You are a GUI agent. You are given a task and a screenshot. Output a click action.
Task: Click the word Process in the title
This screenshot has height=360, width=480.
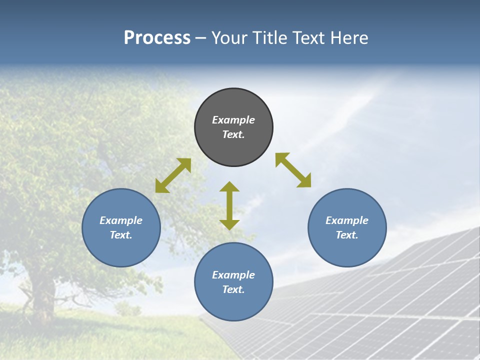point(157,38)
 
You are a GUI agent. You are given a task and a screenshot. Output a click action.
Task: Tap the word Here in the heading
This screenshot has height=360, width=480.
point(348,38)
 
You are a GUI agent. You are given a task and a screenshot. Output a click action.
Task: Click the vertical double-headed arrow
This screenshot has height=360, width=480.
point(229,205)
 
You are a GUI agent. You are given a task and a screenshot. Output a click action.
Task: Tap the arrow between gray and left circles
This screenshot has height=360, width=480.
point(173,175)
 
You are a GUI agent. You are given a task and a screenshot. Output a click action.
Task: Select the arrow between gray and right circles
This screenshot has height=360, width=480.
point(293,170)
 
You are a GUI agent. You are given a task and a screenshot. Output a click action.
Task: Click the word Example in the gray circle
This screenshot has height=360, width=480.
point(233,120)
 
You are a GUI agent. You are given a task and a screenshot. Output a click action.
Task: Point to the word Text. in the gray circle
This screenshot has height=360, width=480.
point(233,134)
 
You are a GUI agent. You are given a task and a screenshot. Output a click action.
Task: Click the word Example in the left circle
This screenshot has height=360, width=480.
point(121,220)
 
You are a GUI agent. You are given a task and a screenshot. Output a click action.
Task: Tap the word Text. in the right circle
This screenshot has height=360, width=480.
point(347,235)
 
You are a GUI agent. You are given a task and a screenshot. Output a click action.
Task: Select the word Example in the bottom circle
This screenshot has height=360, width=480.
point(233,275)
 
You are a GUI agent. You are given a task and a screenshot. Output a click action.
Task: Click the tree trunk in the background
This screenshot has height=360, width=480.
point(42,295)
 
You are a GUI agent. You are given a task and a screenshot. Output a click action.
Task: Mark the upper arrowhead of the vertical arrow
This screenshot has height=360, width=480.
point(229,187)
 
